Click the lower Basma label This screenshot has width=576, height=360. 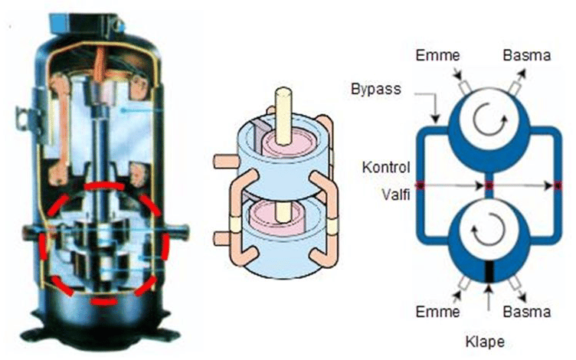point(526,312)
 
